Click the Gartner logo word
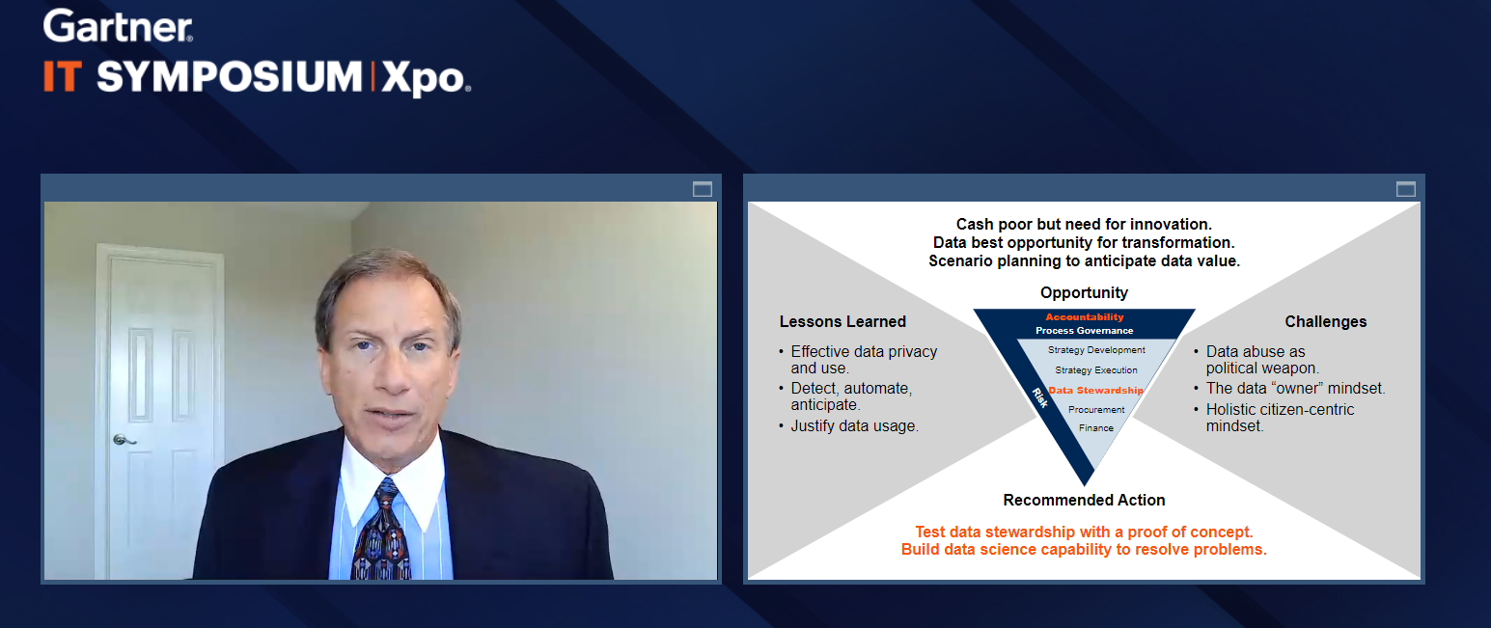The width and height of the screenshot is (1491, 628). click(x=118, y=27)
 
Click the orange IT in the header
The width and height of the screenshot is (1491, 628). click(x=63, y=76)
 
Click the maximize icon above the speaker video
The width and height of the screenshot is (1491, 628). click(x=703, y=189)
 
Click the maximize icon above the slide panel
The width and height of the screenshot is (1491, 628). click(x=1406, y=189)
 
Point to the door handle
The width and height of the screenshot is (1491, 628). click(x=124, y=440)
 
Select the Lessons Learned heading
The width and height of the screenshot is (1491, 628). click(x=842, y=322)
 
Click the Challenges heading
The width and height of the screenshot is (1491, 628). click(x=1325, y=322)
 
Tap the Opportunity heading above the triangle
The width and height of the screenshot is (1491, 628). click(x=1085, y=292)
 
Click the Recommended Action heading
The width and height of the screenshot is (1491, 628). click(x=1085, y=501)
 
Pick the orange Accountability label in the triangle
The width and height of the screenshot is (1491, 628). click(x=1085, y=317)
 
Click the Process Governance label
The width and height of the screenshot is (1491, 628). click(x=1085, y=331)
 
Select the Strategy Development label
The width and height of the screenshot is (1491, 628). click(x=1096, y=350)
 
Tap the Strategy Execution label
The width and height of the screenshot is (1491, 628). click(x=1096, y=369)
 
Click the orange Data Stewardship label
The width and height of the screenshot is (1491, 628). click(x=1095, y=391)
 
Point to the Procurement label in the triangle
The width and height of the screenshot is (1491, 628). click(x=1096, y=410)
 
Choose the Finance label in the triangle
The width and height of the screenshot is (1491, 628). click(x=1096, y=427)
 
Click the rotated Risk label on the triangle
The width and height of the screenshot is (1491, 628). click(x=1039, y=397)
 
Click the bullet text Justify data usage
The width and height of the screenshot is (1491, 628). click(x=855, y=426)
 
